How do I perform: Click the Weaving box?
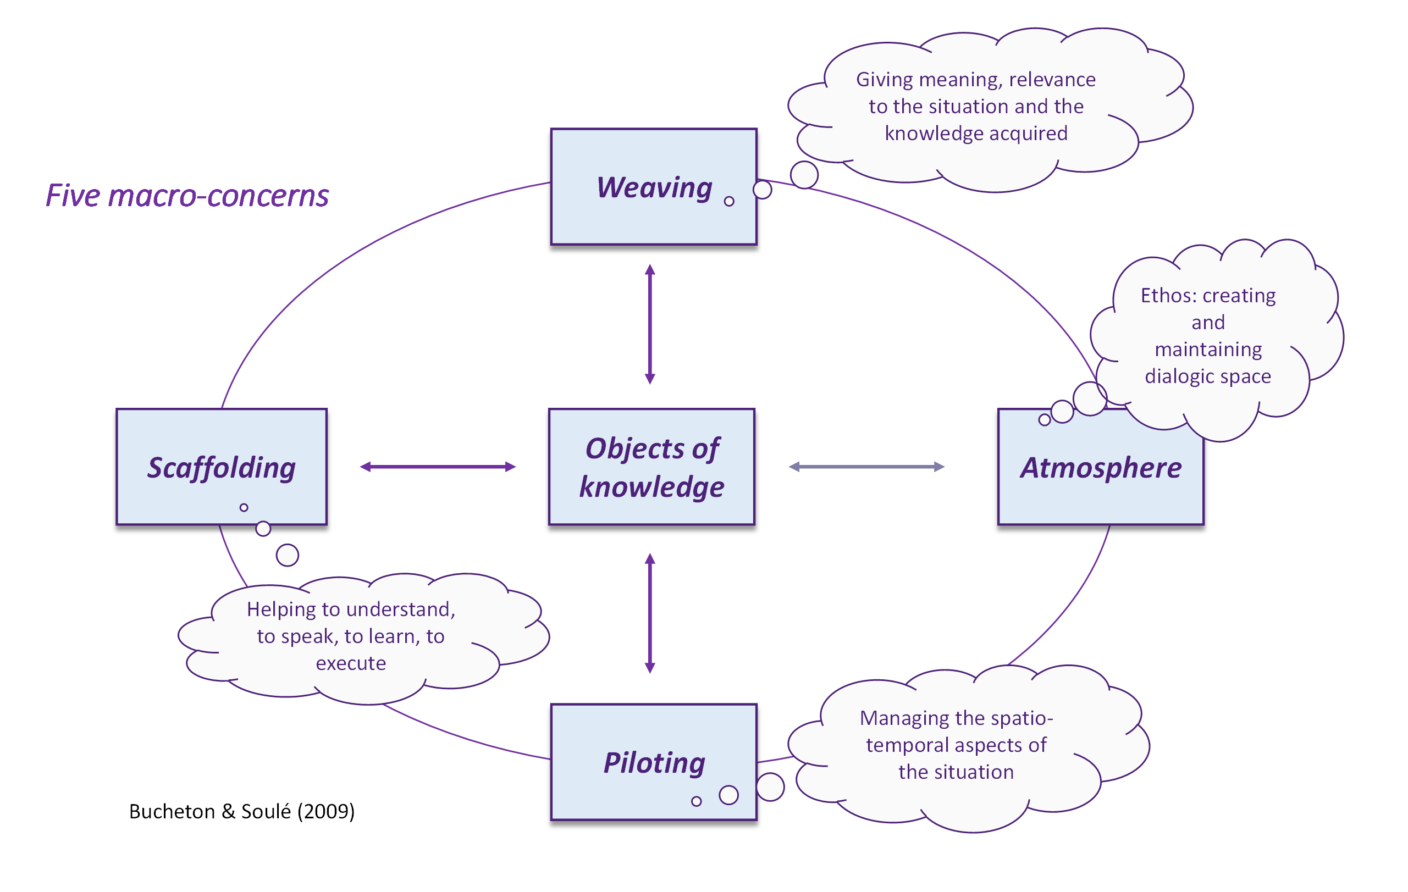pyautogui.click(x=653, y=186)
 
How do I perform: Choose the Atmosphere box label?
pyautogui.click(x=1101, y=468)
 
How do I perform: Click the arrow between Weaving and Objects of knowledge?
pyautogui.click(x=650, y=324)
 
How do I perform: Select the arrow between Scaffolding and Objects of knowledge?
pyautogui.click(x=438, y=467)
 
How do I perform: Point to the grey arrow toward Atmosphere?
pyautogui.click(x=866, y=467)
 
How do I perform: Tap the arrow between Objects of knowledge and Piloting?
pyautogui.click(x=650, y=613)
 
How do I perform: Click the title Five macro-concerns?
pyautogui.click(x=187, y=195)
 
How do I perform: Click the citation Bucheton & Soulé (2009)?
pyautogui.click(x=241, y=811)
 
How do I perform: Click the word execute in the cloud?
pyautogui.click(x=351, y=663)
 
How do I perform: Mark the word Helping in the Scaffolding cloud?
pyautogui.click(x=281, y=609)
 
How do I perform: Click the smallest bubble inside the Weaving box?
pyautogui.click(x=728, y=202)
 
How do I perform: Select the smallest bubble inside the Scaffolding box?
pyautogui.click(x=244, y=507)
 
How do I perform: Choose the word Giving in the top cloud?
pyautogui.click(x=885, y=80)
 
